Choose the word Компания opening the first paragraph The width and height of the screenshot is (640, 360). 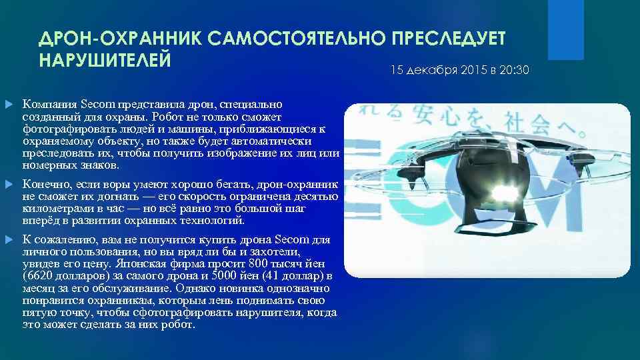click(45, 105)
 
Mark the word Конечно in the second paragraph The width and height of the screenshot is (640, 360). click(43, 183)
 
